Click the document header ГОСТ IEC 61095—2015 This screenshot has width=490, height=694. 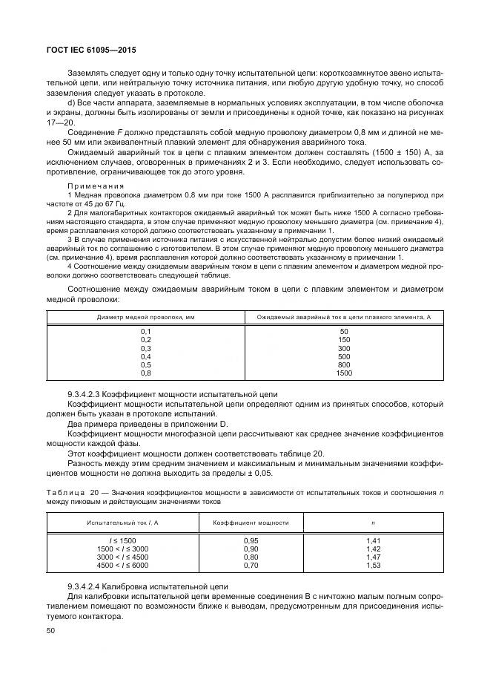click(89, 50)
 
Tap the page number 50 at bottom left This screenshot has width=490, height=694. click(51, 629)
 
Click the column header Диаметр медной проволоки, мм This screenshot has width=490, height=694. click(145, 316)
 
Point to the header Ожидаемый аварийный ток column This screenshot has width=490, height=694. click(343, 316)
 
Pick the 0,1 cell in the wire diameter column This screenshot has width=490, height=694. click(145, 331)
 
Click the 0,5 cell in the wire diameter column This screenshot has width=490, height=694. click(145, 364)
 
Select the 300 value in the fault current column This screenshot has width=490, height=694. click(343, 348)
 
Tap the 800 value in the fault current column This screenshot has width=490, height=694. click(343, 364)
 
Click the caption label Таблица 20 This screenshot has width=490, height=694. click(73, 492)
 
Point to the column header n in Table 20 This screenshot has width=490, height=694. click(372, 523)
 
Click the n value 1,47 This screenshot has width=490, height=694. click(372, 557)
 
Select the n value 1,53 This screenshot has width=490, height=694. click(372, 565)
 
